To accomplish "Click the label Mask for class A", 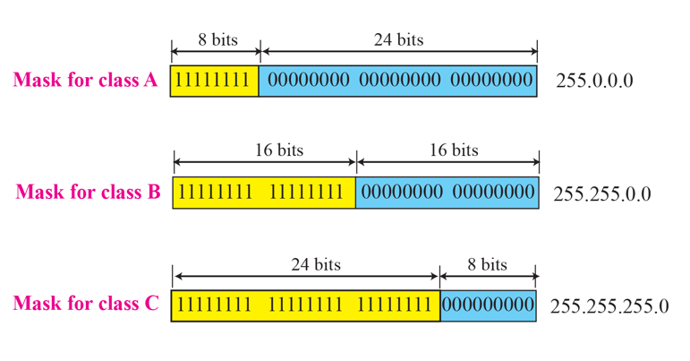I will (85, 81).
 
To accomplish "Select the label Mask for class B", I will (88, 192).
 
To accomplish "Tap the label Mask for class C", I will (86, 305).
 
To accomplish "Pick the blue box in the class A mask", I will (398, 81).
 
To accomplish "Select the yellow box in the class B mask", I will (265, 192).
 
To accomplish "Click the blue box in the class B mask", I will (447, 192).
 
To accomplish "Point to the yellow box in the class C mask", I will (305, 305).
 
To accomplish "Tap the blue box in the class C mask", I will (488, 305).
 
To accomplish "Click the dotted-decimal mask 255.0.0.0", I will (594, 81).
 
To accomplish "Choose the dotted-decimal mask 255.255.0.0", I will (602, 193).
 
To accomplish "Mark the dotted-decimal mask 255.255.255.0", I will (609, 305).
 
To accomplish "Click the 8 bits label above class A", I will (215, 40).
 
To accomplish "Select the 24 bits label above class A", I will (398, 40).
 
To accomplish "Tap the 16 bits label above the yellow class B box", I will (278, 150).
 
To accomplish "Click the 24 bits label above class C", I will (315, 265).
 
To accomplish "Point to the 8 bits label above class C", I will (488, 265).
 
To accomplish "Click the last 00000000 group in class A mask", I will (491, 81).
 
